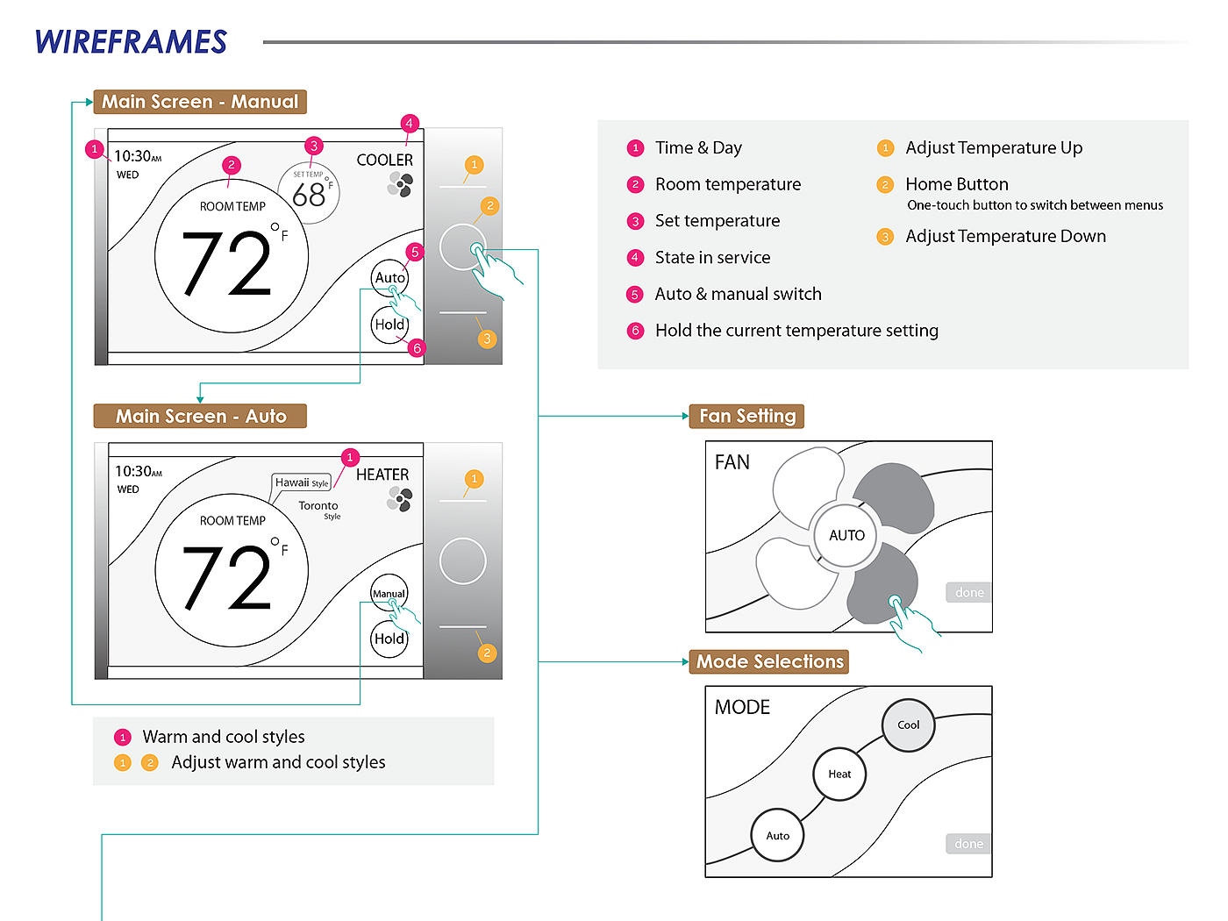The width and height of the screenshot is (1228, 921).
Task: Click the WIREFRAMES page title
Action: pos(131,42)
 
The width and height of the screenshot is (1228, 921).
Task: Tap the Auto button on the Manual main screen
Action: pos(389,278)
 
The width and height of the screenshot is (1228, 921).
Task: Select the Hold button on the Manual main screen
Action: pos(389,325)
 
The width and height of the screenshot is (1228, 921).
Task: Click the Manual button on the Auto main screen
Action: pos(389,594)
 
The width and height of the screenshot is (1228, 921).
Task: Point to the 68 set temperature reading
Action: pos(309,194)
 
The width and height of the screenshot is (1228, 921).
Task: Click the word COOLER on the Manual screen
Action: pos(384,160)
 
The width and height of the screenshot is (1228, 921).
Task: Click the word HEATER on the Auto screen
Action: pos(382,475)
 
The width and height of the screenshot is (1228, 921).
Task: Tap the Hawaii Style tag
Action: pos(301,482)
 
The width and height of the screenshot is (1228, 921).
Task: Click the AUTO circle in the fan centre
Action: pos(846,535)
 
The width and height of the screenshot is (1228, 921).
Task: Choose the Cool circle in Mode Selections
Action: pos(908,725)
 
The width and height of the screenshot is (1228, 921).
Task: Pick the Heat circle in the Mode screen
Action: pos(839,775)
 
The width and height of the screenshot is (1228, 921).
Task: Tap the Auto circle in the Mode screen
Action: pos(777,836)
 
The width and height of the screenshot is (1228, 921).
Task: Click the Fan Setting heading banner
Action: pos(747,416)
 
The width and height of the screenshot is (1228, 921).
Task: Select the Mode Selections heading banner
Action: pos(769,661)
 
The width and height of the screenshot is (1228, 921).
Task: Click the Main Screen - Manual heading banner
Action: pos(200,102)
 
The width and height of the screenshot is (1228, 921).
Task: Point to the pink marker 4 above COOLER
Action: pos(409,123)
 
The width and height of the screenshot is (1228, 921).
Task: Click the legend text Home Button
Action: pos(957,184)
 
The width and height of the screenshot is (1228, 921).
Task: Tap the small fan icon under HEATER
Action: pos(400,499)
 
